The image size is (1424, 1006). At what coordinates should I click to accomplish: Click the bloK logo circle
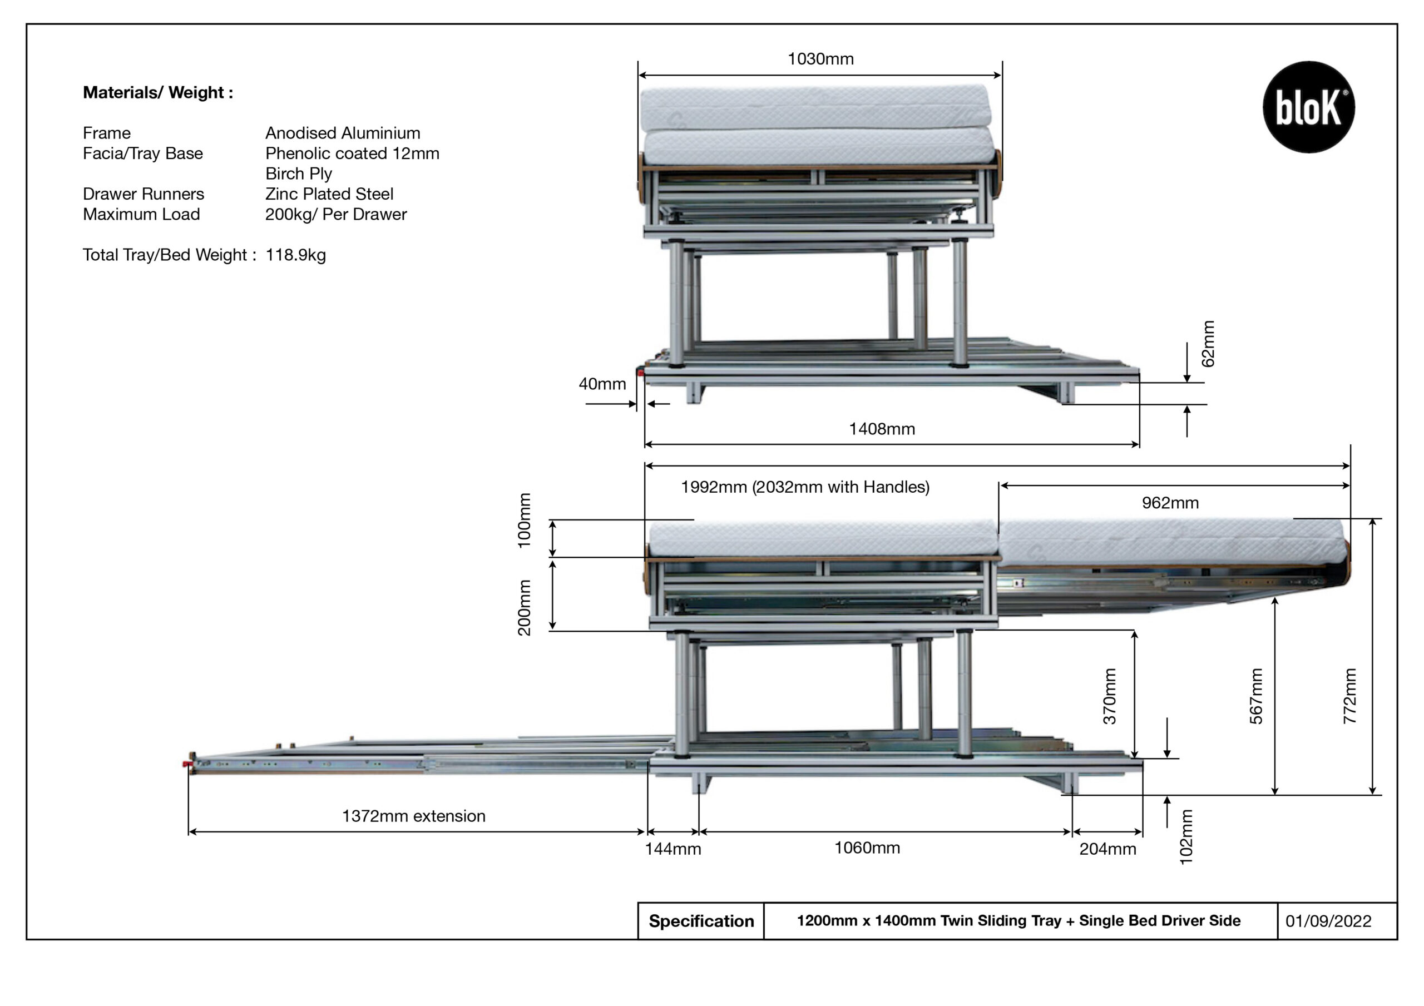(x=1309, y=107)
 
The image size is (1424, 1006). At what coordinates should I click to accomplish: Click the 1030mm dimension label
(x=820, y=59)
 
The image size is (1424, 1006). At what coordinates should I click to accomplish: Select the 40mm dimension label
(x=602, y=384)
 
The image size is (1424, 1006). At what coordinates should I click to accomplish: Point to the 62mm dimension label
(x=1208, y=344)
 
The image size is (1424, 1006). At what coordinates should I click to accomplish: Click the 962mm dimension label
(x=1170, y=503)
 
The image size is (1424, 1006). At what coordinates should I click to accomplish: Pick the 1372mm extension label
(x=414, y=816)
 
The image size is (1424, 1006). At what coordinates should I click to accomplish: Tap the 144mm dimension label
(x=673, y=849)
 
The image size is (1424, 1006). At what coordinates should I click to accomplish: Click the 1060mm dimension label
(x=867, y=848)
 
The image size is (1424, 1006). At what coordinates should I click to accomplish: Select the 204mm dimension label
(x=1107, y=849)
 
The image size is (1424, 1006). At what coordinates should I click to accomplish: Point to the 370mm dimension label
(x=1110, y=696)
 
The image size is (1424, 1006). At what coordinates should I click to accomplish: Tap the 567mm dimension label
(x=1256, y=696)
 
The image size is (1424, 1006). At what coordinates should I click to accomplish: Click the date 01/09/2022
(x=1328, y=921)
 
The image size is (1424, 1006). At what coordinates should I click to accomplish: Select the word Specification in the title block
(x=701, y=921)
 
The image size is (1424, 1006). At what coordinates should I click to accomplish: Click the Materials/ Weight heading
(x=158, y=92)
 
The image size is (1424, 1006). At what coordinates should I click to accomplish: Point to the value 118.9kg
(x=296, y=255)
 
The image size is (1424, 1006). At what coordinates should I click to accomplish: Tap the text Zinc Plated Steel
(x=329, y=194)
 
